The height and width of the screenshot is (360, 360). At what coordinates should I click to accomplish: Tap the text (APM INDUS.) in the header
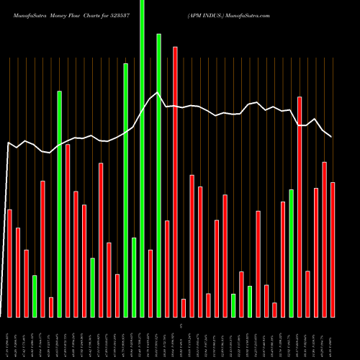[x=206, y=14]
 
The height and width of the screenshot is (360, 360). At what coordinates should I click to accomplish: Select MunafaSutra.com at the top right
[x=249, y=14]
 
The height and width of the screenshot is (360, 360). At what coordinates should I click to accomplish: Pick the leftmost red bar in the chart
[x=9, y=263]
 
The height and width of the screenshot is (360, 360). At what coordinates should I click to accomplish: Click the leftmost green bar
[x=35, y=296]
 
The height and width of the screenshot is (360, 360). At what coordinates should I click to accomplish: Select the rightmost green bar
[x=292, y=253]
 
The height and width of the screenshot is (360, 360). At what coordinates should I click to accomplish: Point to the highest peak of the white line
[x=158, y=92]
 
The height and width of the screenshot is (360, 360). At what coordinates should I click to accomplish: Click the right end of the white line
[x=331, y=136]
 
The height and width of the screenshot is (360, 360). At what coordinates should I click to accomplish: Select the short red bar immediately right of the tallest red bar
[x=184, y=307]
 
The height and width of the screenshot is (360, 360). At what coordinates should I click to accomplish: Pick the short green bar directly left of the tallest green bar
[x=134, y=277]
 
